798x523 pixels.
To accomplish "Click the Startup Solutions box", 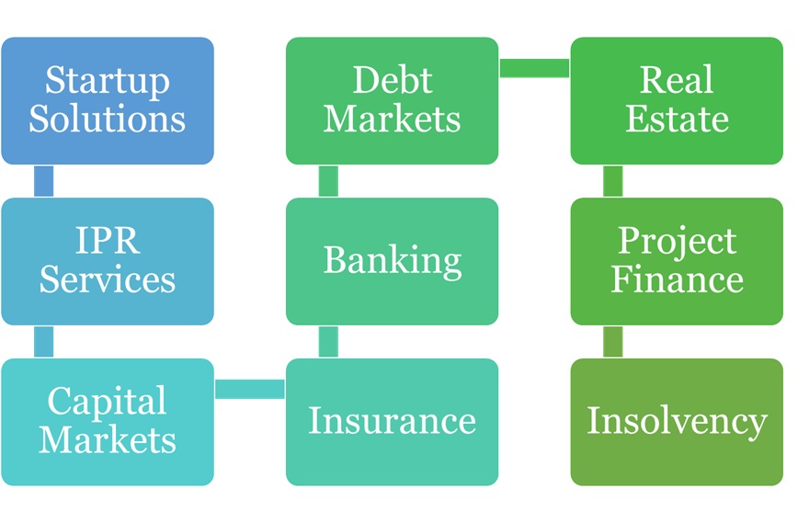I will pyautogui.click(x=108, y=101).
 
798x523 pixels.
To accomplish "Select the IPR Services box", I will pyautogui.click(x=108, y=261).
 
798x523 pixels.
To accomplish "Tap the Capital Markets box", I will pyautogui.click(x=108, y=422).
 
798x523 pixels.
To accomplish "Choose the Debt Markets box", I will pyautogui.click(x=393, y=101).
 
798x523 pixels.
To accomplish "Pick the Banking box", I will pyautogui.click(x=393, y=261).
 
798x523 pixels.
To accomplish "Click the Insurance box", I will pyautogui.click(x=393, y=422).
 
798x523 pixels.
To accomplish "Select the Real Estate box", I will pyautogui.click(x=677, y=101).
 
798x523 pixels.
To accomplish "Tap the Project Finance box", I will pyautogui.click(x=677, y=261).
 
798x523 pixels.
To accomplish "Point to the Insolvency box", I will pyautogui.click(x=677, y=422).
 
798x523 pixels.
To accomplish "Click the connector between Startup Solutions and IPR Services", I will pyautogui.click(x=43, y=181).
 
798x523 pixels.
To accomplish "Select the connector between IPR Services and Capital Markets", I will pyautogui.click(x=43, y=341).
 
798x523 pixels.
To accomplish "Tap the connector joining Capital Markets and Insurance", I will pyautogui.click(x=250, y=389).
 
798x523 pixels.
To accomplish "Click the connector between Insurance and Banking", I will pyautogui.click(x=328, y=341).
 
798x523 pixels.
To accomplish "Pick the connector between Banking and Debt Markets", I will pyautogui.click(x=328, y=181).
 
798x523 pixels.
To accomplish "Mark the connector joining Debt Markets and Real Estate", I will pyautogui.click(x=535, y=68).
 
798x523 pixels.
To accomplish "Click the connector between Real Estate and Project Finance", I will pyautogui.click(x=613, y=181).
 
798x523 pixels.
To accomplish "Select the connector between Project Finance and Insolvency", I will pyautogui.click(x=613, y=341).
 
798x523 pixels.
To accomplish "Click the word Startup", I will pyautogui.click(x=108, y=82).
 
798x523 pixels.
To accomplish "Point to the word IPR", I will pyautogui.click(x=107, y=242).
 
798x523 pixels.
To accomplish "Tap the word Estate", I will pyautogui.click(x=677, y=119).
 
